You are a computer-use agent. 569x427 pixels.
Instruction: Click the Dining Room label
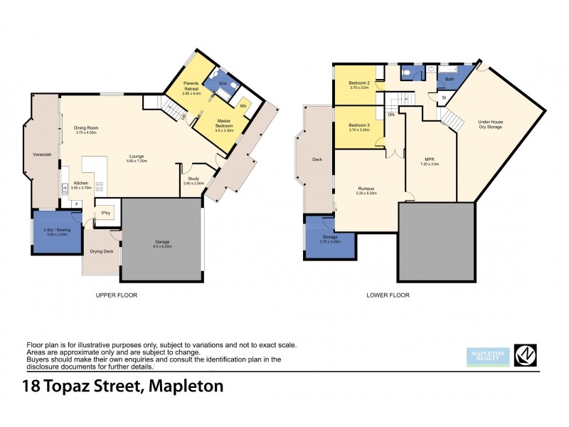click(85, 128)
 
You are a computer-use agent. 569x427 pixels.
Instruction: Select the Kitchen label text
click(80, 183)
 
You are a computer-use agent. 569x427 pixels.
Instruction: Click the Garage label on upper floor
click(162, 241)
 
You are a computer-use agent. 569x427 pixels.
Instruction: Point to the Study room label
click(193, 179)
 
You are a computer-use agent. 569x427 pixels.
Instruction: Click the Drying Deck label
click(102, 251)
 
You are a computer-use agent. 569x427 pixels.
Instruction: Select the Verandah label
click(43, 154)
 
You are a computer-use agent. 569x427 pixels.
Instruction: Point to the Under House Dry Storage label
click(491, 124)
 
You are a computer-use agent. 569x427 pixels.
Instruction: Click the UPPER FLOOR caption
click(117, 295)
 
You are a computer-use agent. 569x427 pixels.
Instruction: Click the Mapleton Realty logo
click(487, 356)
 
